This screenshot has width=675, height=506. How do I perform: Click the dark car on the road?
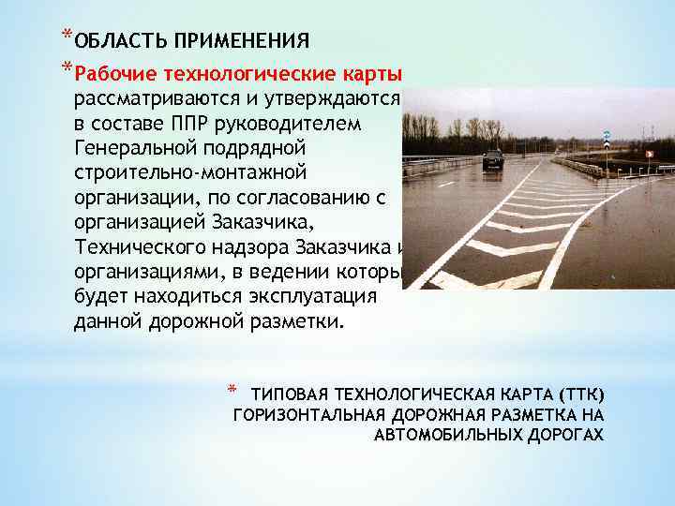pos(493,158)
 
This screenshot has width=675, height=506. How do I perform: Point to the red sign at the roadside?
pos(649,153)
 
